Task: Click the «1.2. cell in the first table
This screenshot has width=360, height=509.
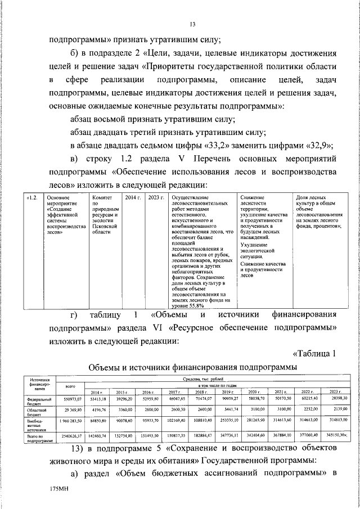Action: pos(33,198)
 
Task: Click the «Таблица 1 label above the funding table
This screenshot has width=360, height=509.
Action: pos(315,353)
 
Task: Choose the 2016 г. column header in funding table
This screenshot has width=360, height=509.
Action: pos(148,391)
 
